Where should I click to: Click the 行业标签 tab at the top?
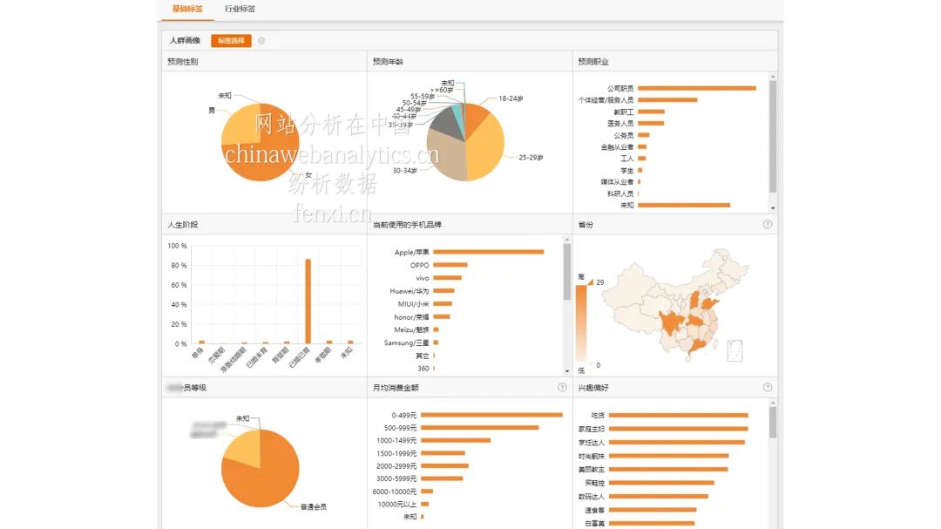[240, 9]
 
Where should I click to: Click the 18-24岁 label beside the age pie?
[511, 98]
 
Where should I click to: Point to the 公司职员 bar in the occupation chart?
[696, 88]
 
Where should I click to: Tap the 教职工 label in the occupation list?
[623, 112]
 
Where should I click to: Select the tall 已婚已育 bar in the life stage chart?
[308, 301]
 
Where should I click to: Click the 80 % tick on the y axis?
[178, 266]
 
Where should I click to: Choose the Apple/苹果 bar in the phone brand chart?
[488, 252]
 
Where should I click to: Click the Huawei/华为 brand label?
[409, 291]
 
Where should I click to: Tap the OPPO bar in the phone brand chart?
[450, 265]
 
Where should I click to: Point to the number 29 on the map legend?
[600, 282]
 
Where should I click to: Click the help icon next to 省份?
[768, 224]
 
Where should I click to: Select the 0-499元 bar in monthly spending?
[491, 415]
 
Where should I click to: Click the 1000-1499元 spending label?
[396, 440]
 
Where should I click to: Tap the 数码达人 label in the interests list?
[590, 497]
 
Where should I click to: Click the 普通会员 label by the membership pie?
[313, 506]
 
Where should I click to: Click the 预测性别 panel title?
[183, 62]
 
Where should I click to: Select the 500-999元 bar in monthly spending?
[480, 428]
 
